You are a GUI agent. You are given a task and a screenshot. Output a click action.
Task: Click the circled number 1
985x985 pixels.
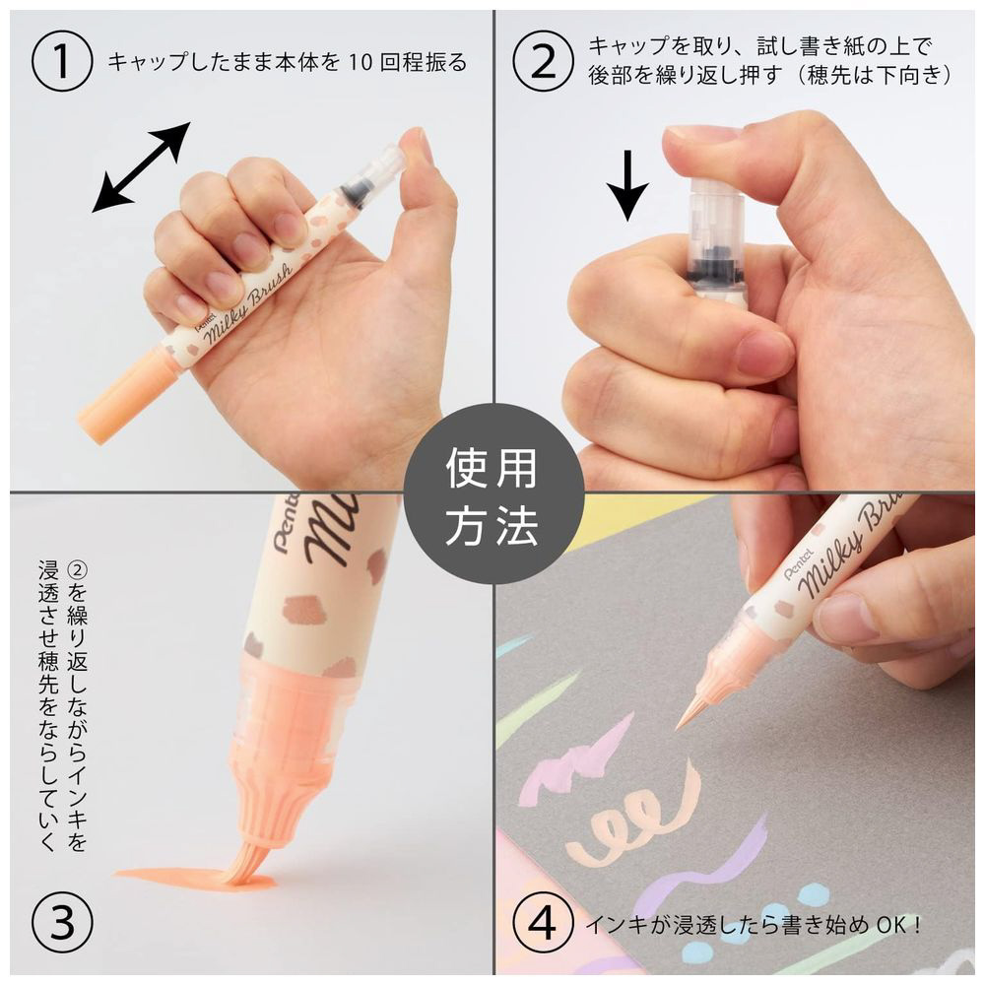click(61, 62)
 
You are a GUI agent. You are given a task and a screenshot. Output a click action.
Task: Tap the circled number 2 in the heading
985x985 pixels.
click(543, 62)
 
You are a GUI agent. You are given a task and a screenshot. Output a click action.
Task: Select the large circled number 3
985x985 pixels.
click(61, 924)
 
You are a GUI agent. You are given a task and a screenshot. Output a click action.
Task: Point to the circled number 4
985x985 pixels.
click(543, 924)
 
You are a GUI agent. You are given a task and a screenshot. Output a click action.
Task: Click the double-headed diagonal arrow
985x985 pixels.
click(141, 167)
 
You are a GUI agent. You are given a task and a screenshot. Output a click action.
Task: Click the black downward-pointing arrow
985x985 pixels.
click(626, 185)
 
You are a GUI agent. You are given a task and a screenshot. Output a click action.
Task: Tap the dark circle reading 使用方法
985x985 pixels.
click(493, 493)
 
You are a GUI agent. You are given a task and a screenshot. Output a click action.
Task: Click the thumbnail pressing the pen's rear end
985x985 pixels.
click(702, 133)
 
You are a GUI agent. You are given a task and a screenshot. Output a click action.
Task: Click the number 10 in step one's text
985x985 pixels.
click(361, 62)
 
